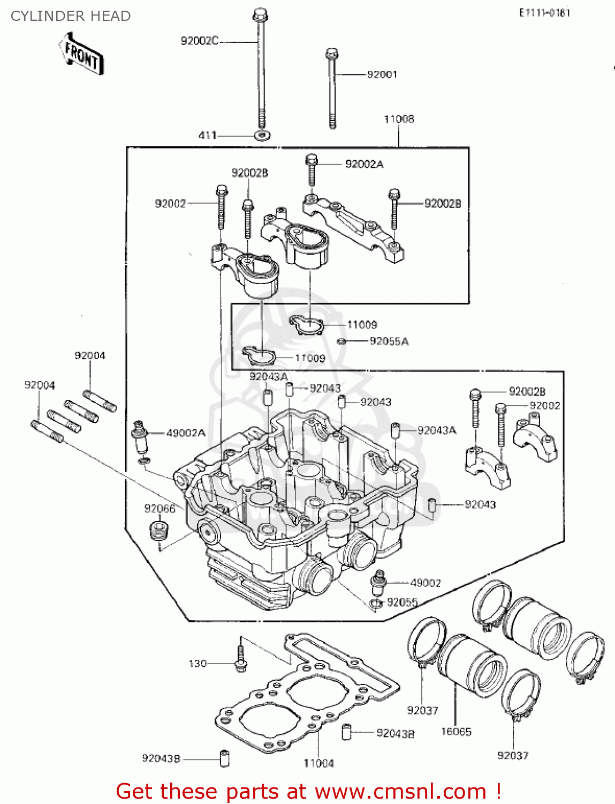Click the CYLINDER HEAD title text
pos(71,16)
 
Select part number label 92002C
pos(199,41)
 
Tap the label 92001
pos(382,75)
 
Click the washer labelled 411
pos(261,135)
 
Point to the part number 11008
pos(399,119)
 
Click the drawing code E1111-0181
pos(544,13)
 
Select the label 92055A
pos(389,341)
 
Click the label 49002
pos(426,583)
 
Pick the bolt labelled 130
pos(240,660)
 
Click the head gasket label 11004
pos(318,763)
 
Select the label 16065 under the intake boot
pos(456,732)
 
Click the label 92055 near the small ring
pos(402,602)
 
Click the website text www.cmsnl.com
pos(400,791)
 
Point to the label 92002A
pos(364,164)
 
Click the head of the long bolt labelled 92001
pos(331,54)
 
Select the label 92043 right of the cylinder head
pos(480,504)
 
